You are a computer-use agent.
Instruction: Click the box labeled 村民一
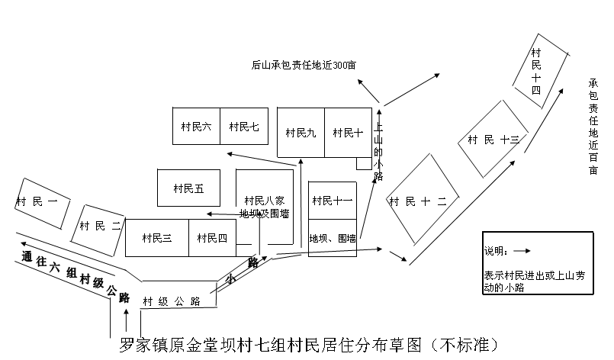click(x=43, y=201)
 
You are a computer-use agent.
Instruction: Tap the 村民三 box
click(x=156, y=238)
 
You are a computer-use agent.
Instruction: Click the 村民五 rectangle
click(x=188, y=188)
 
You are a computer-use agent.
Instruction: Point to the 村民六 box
click(x=196, y=127)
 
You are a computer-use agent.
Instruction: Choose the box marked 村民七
click(x=244, y=127)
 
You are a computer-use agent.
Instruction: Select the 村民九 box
click(x=301, y=133)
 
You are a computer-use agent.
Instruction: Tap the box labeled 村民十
click(x=348, y=133)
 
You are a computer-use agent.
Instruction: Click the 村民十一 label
click(x=333, y=201)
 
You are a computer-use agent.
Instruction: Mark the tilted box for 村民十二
click(x=422, y=201)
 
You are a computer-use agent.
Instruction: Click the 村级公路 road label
click(x=172, y=301)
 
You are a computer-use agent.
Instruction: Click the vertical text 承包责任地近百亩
click(x=593, y=126)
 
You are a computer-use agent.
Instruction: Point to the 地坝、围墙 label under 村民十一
click(x=333, y=238)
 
